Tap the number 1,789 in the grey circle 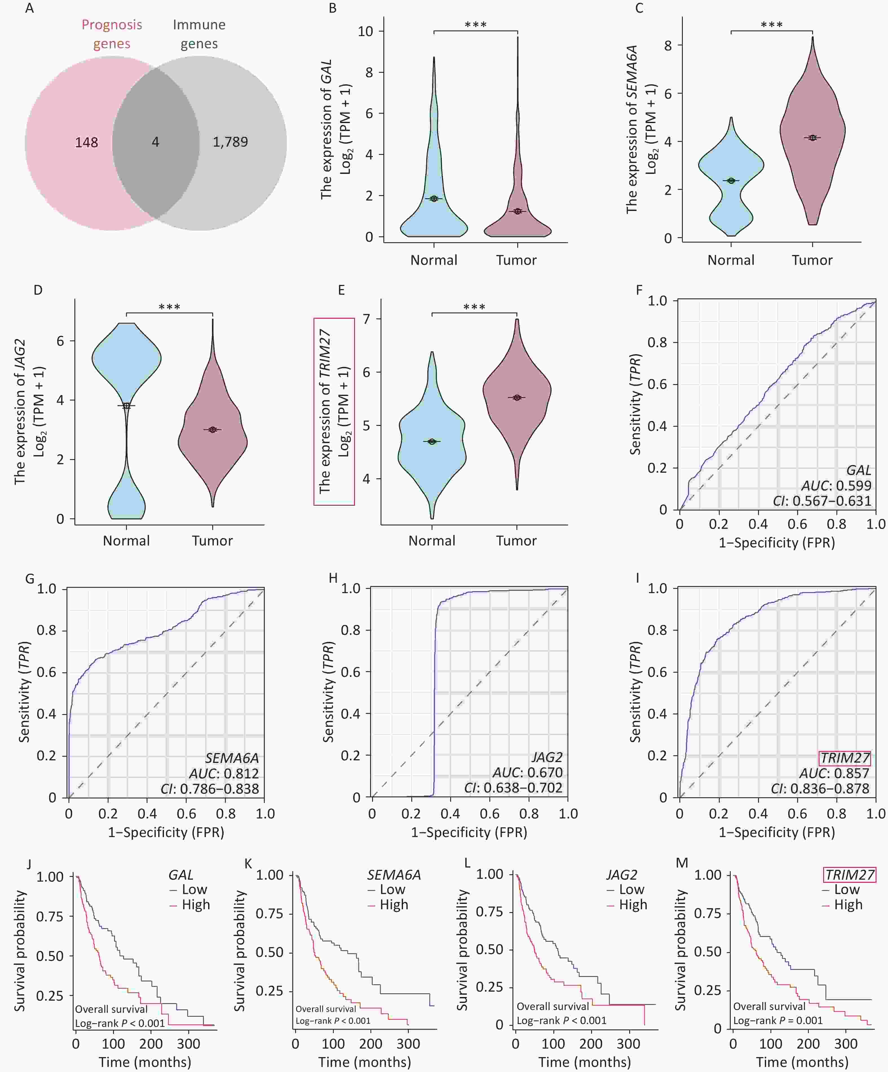(230, 142)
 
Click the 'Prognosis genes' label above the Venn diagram (112, 34)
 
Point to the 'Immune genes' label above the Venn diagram (199, 34)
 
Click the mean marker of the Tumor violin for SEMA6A (812, 138)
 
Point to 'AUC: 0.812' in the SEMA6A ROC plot (224, 773)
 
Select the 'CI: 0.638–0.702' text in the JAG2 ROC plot (513, 788)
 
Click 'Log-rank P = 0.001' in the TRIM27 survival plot (778, 1020)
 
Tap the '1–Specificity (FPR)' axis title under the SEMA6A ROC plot (166, 833)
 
